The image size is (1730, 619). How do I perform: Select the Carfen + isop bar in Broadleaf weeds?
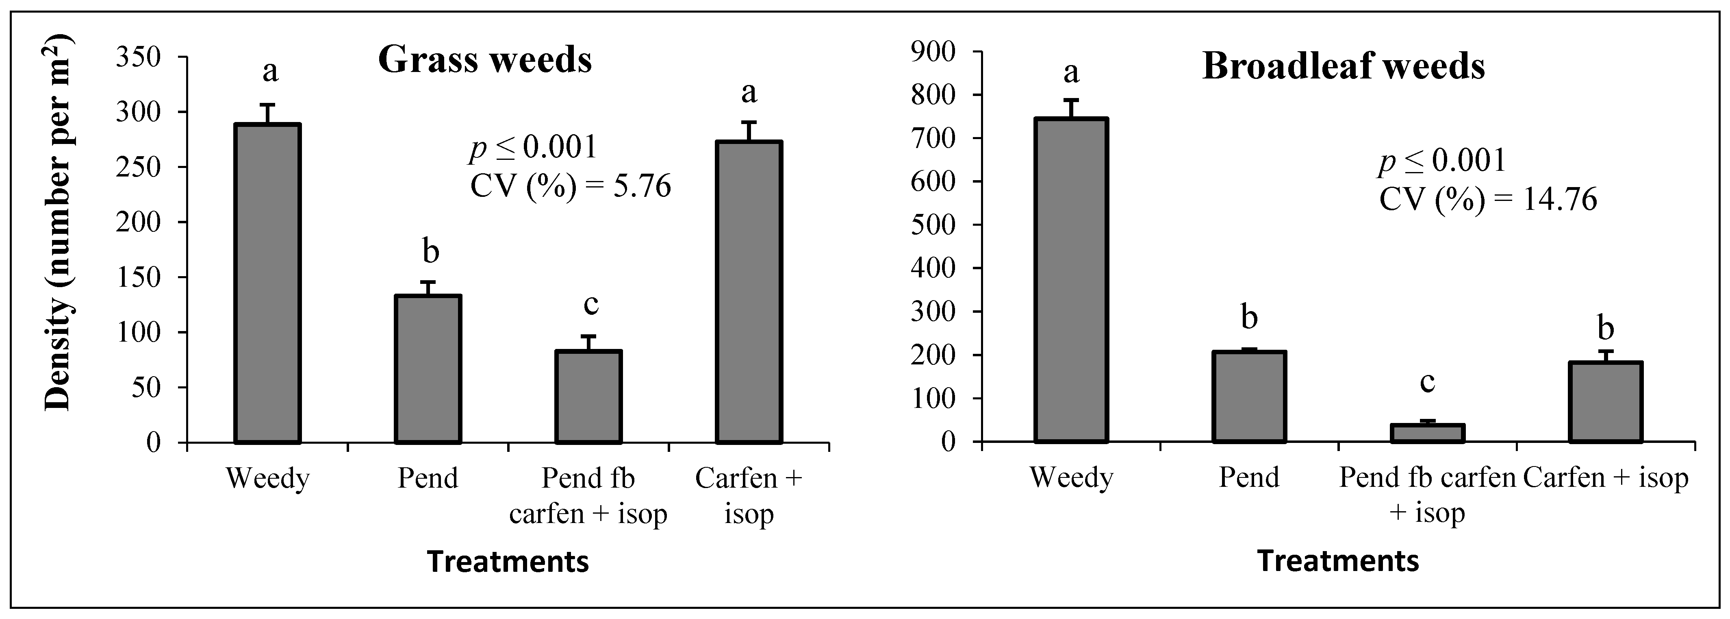[x=1605, y=402]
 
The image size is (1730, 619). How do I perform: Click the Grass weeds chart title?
[x=485, y=61]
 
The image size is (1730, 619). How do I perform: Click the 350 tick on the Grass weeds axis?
[x=139, y=57]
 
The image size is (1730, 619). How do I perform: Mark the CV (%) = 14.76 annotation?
[x=1487, y=200]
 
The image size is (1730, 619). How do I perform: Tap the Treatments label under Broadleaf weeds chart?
[x=1338, y=560]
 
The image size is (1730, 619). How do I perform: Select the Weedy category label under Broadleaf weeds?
[x=1071, y=478]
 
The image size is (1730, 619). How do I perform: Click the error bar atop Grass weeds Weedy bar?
[x=267, y=113]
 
